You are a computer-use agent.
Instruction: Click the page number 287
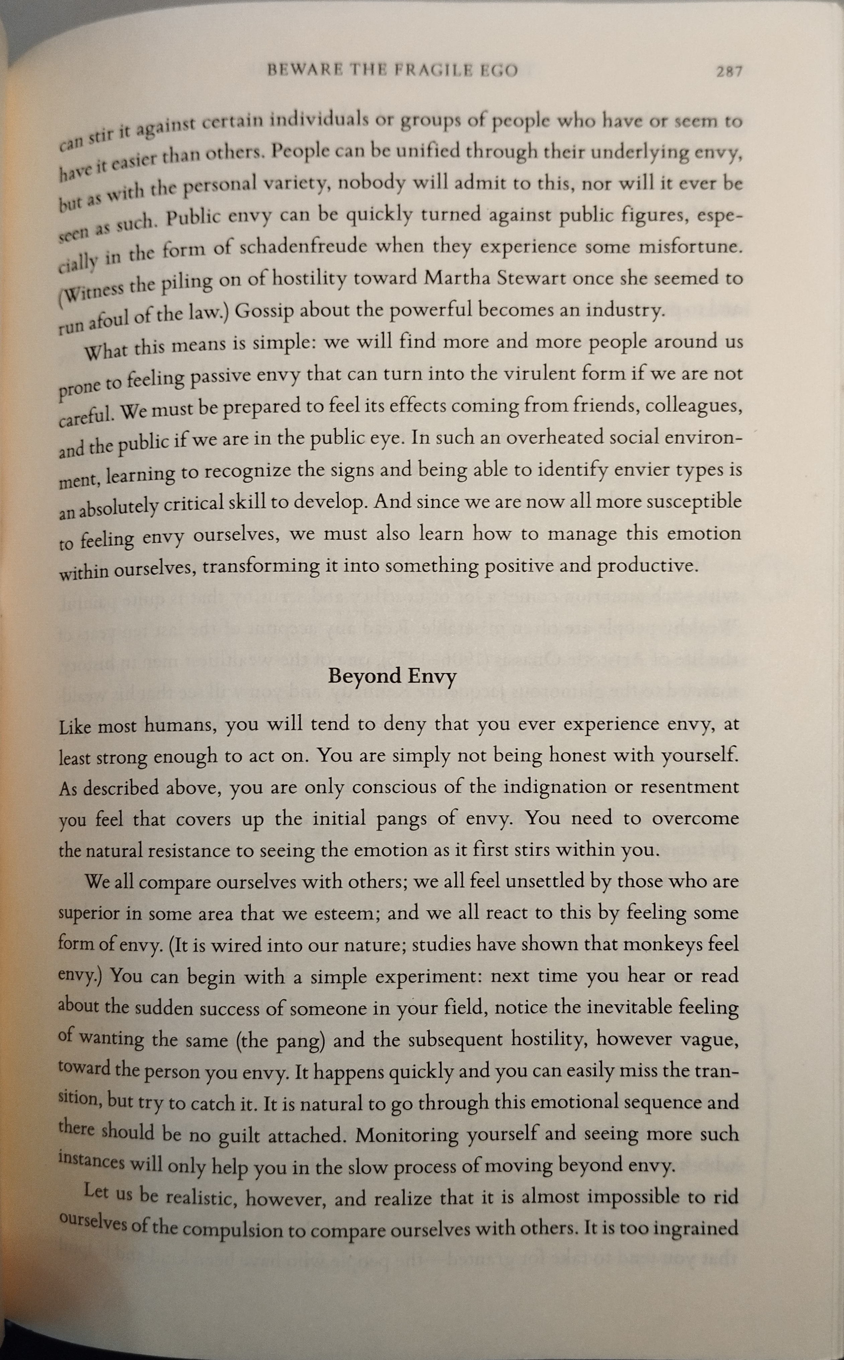pos(730,71)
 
